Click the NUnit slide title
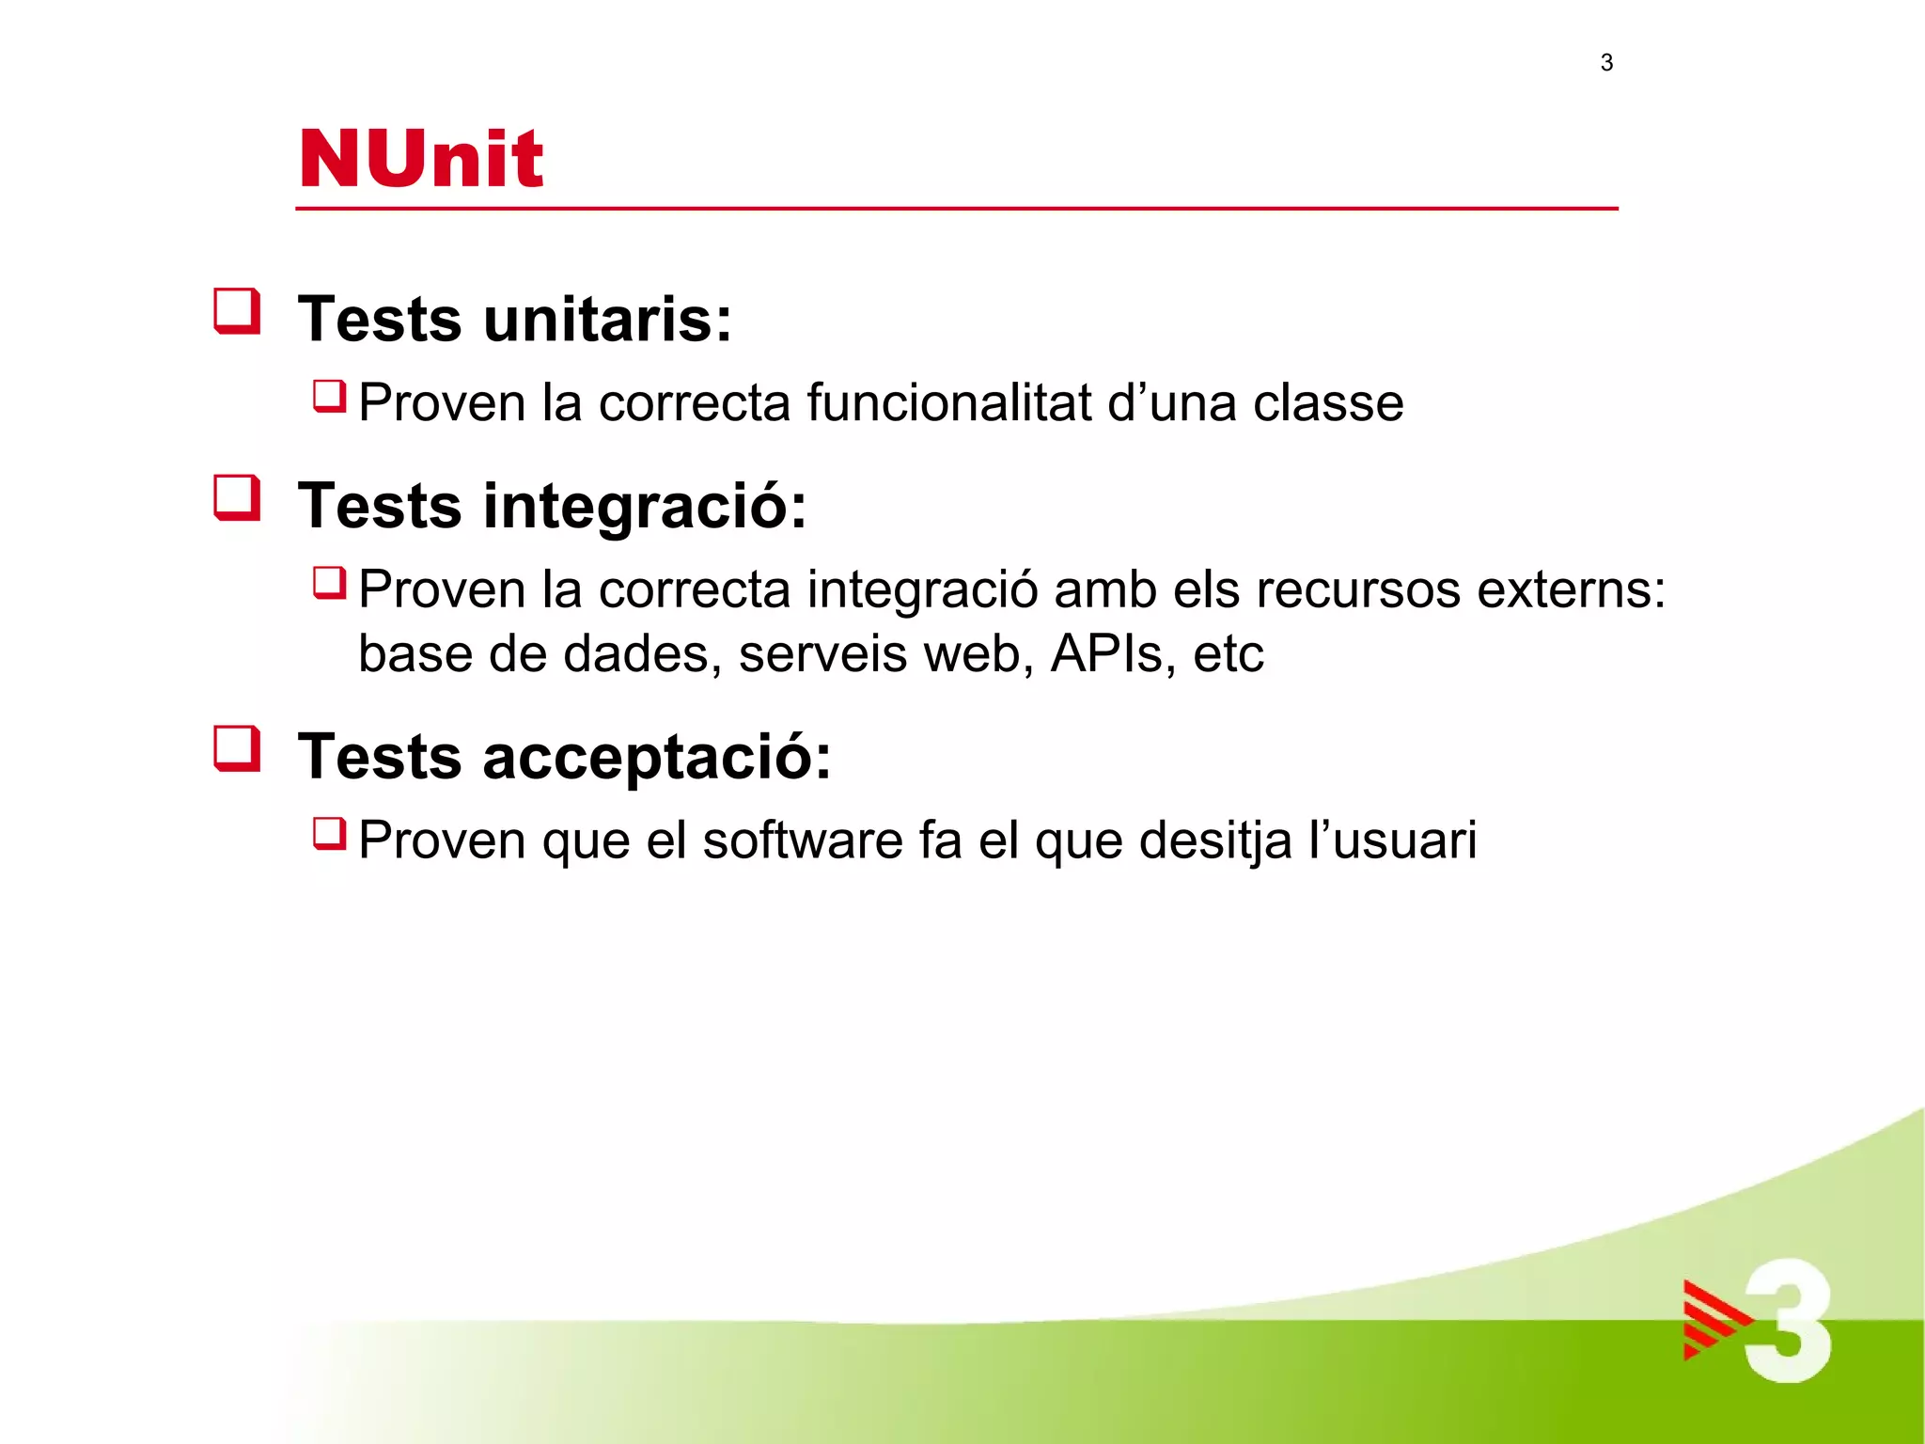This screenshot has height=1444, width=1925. pyautogui.click(x=420, y=158)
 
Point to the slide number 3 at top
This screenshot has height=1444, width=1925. pyautogui.click(x=1606, y=63)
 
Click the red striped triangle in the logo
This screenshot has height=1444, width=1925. pyautogui.click(x=1714, y=1320)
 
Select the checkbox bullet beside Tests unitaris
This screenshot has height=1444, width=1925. pyautogui.click(x=237, y=311)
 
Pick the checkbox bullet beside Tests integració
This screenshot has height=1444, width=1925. pyautogui.click(x=237, y=497)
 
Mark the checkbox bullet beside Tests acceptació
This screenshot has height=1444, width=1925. pyautogui.click(x=237, y=748)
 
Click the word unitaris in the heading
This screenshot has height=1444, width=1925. pyautogui.click(x=607, y=319)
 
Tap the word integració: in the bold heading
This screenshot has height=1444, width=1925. pyautogui.click(x=645, y=506)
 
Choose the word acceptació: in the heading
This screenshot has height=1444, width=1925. pyautogui.click(x=657, y=757)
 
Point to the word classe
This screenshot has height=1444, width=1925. pyautogui.click(x=1328, y=402)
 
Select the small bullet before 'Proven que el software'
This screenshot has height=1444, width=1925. pyautogui.click(x=330, y=833)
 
